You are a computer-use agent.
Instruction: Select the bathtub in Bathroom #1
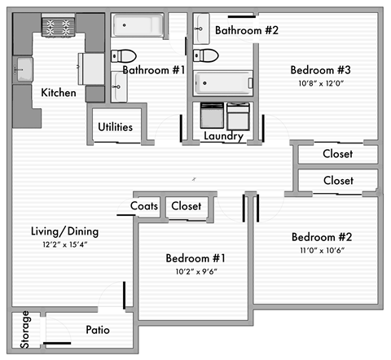[138, 27]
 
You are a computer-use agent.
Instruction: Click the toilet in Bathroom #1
[122, 57]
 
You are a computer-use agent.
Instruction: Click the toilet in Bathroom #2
[207, 56]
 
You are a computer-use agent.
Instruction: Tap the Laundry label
[222, 136]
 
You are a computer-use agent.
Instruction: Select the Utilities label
[116, 127]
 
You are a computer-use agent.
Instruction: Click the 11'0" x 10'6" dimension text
[322, 250]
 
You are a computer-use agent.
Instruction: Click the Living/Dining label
[59, 230]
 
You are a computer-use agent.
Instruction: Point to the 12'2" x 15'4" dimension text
[59, 244]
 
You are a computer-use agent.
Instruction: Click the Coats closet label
[145, 206]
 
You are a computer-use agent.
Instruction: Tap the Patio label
[98, 330]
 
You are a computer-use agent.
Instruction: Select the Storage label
[25, 330]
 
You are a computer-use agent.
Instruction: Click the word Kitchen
[59, 93]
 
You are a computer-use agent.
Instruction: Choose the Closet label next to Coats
[187, 206]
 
